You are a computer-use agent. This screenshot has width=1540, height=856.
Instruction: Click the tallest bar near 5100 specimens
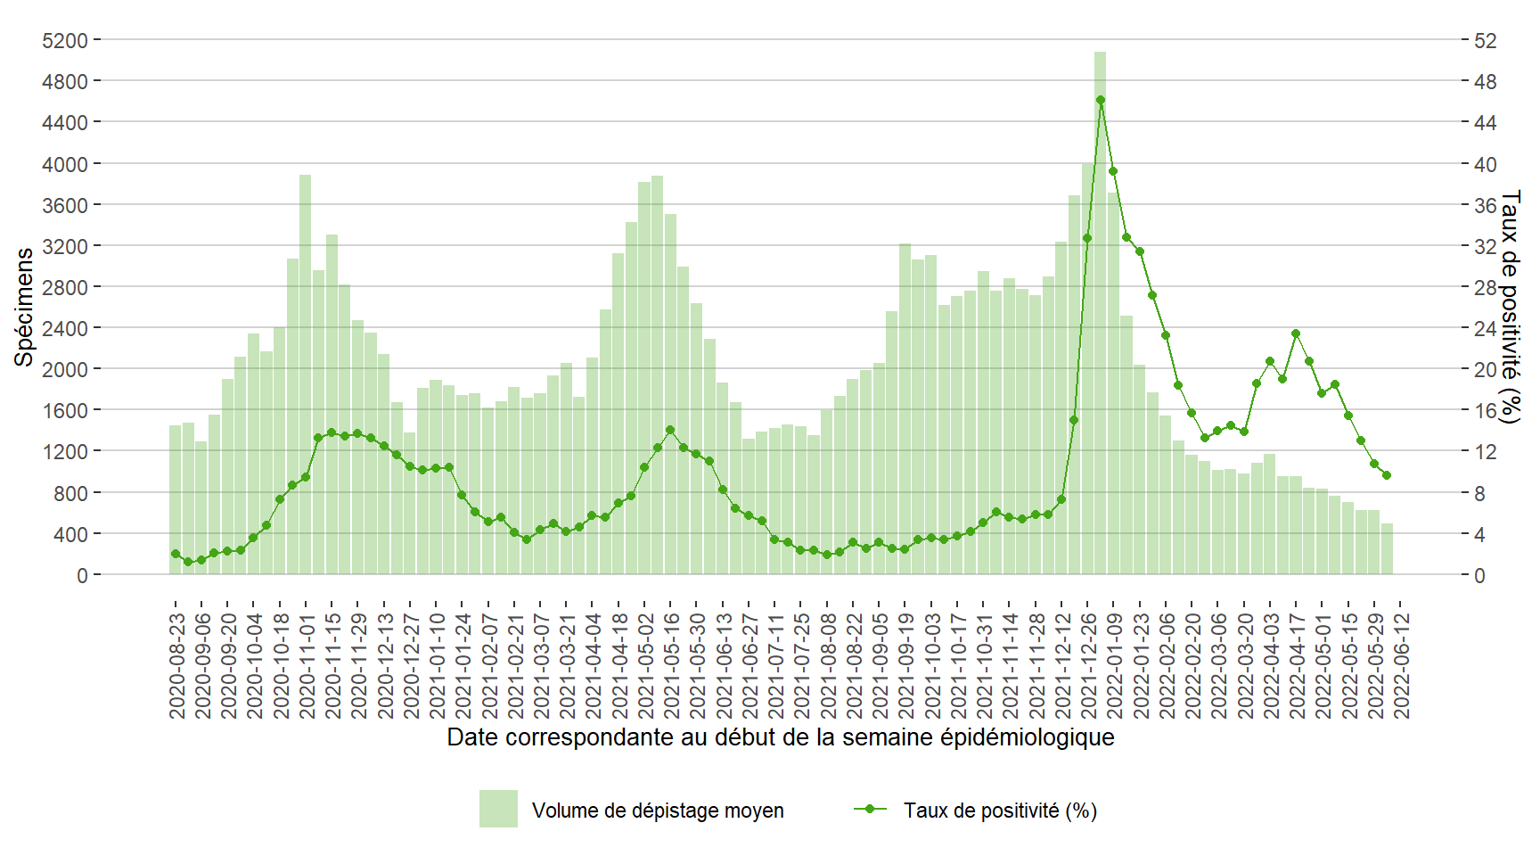[1100, 312]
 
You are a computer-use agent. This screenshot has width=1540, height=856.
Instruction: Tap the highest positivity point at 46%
[1100, 100]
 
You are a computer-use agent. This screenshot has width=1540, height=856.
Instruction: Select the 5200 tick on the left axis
[65, 40]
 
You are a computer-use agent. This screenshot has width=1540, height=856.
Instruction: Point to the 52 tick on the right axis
[1485, 40]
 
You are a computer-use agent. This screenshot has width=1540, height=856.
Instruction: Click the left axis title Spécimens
[24, 307]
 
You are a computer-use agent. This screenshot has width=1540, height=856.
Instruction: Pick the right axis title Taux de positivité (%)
[1510, 307]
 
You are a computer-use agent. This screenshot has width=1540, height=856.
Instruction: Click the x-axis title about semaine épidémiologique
[780, 737]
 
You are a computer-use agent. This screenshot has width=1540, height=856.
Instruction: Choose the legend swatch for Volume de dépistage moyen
[498, 809]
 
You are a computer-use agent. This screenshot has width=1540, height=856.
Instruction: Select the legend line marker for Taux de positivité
[870, 809]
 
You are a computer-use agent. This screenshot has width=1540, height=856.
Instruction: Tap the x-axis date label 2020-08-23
[177, 664]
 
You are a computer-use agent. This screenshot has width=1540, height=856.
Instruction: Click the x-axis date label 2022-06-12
[1402, 664]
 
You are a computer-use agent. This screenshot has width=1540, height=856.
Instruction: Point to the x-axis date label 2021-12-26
[1089, 664]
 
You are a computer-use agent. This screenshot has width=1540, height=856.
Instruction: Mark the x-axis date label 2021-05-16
[672, 664]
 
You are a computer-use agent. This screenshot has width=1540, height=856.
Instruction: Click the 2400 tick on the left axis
[65, 328]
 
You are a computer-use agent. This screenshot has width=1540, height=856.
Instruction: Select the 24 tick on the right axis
[1485, 328]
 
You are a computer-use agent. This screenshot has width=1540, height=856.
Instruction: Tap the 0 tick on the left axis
[82, 575]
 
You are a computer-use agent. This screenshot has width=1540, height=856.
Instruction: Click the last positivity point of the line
[1387, 475]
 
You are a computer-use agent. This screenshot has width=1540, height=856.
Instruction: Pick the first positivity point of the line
[176, 554]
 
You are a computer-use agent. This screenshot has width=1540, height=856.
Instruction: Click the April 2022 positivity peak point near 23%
[1296, 333]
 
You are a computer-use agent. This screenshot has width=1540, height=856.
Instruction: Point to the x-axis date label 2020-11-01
[307, 664]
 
